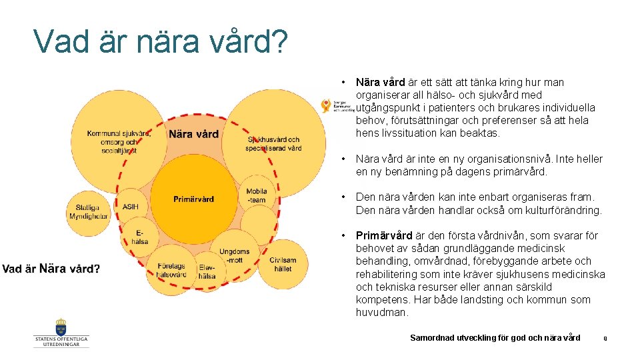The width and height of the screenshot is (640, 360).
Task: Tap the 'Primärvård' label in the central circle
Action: click(193, 199)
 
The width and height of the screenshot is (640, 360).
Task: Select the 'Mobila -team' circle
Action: click(257, 195)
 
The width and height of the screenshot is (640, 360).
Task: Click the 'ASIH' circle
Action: click(131, 207)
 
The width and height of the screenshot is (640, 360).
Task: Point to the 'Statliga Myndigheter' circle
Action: click(87, 212)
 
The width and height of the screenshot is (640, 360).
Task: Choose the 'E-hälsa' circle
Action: click(140, 237)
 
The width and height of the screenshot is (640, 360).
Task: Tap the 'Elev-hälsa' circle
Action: click(207, 271)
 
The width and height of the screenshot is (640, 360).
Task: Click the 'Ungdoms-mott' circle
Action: click(234, 256)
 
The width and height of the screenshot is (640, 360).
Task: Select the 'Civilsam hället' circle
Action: click(283, 264)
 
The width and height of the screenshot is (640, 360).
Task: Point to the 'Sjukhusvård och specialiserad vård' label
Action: click(273, 143)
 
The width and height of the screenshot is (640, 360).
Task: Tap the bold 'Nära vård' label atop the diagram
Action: click(193, 134)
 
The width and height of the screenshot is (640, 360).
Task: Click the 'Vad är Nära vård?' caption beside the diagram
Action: click(51, 269)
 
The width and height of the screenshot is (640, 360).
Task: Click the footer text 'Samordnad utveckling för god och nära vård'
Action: click(495, 338)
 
